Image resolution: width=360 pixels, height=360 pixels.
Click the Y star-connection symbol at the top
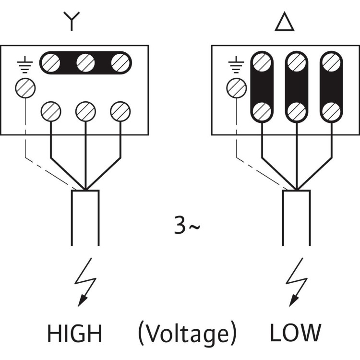click(x=71, y=22)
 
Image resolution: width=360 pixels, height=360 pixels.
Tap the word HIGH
click(x=74, y=333)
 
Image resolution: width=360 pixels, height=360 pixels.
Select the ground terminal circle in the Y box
click(x=24, y=88)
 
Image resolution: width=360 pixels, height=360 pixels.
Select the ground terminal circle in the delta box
click(x=236, y=88)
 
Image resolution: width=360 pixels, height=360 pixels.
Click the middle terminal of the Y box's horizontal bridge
click(x=85, y=62)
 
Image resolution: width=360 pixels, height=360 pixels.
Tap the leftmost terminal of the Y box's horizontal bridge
click(x=50, y=62)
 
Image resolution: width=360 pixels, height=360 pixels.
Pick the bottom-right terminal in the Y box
click(x=120, y=111)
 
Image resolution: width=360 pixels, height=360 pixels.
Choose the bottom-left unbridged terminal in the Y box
click(x=50, y=111)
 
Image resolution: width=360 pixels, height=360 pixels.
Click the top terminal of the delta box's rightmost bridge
click(x=332, y=62)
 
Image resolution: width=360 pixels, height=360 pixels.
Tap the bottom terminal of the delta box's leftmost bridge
click(x=262, y=111)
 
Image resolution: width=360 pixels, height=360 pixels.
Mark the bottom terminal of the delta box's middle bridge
click(x=297, y=111)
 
